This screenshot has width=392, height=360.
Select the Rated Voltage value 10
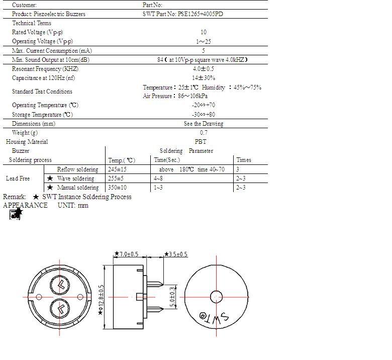[203, 32]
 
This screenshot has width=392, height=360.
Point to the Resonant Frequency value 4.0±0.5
[203, 69]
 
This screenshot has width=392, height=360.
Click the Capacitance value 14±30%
[203, 78]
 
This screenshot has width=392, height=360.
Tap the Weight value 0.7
[203, 133]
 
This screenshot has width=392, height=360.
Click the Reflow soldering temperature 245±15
[117, 169]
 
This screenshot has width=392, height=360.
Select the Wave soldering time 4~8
[158, 178]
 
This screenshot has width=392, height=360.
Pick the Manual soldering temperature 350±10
[117, 188]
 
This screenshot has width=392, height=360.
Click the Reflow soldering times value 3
[238, 169]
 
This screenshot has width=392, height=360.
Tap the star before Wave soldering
[50, 178]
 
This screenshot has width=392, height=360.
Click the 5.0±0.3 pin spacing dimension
[173, 297]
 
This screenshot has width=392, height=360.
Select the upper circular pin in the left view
[60, 285]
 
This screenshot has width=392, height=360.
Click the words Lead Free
[18, 178]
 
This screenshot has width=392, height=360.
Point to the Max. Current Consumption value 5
[203, 51]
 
